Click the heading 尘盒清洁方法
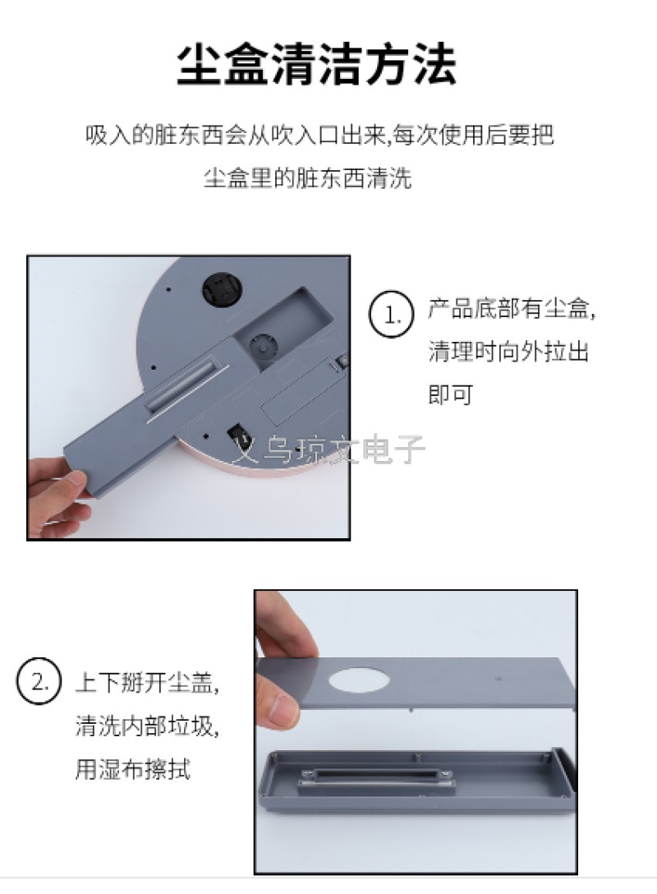317,64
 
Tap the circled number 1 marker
391,314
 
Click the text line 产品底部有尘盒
512,308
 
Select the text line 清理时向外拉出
508,351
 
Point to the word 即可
451,394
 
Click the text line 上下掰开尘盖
147,682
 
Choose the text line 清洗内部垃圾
147,726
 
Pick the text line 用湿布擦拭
133,768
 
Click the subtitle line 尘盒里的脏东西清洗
308,177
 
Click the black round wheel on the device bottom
222,289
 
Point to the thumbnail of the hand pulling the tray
189,398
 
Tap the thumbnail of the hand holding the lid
416,731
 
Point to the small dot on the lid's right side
498,679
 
